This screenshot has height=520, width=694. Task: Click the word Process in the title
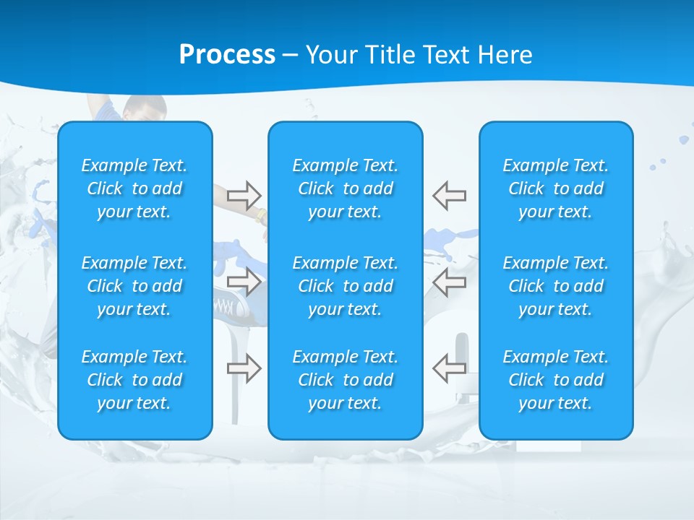tap(227, 54)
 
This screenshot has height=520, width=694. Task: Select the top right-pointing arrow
tap(244, 195)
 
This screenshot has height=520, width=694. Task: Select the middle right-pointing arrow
tap(244, 282)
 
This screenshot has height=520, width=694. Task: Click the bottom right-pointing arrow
tap(244, 368)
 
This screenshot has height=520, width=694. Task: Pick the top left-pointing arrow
tap(449, 195)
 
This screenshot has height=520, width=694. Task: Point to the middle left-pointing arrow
tap(449, 282)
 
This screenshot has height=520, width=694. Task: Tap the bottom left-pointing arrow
tap(449, 368)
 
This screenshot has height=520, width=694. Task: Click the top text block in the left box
tap(134, 188)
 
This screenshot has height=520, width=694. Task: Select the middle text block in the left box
tap(134, 286)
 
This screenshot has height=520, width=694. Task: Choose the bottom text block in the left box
tap(134, 380)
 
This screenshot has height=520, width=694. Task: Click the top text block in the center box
tap(346, 188)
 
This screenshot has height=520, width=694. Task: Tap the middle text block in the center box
tap(346, 286)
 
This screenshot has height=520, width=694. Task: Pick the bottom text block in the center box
tap(346, 380)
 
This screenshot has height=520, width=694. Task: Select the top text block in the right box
tap(556, 188)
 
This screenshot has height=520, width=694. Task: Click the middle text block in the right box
tap(556, 286)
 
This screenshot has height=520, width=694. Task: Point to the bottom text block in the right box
tap(556, 380)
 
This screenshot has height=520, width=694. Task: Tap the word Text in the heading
tap(445, 54)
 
